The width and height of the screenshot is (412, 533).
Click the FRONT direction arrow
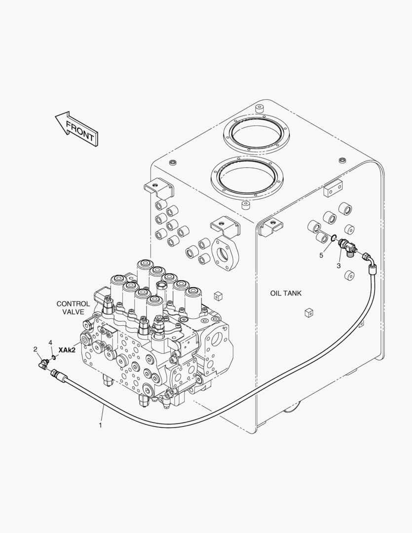pos(77,128)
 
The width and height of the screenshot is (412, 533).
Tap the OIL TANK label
pos(286,293)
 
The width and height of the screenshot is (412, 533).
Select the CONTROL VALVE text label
pos(73,307)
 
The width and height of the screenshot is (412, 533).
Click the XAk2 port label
pos(67,350)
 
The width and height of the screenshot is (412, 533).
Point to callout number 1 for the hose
pos(100,425)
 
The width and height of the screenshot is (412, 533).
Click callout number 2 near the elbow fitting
pos(35,349)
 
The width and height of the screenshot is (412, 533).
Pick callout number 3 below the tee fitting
pos(338,266)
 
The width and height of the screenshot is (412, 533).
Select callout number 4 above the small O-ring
pos(50,342)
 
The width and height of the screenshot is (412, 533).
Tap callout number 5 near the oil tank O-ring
pos(321,255)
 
